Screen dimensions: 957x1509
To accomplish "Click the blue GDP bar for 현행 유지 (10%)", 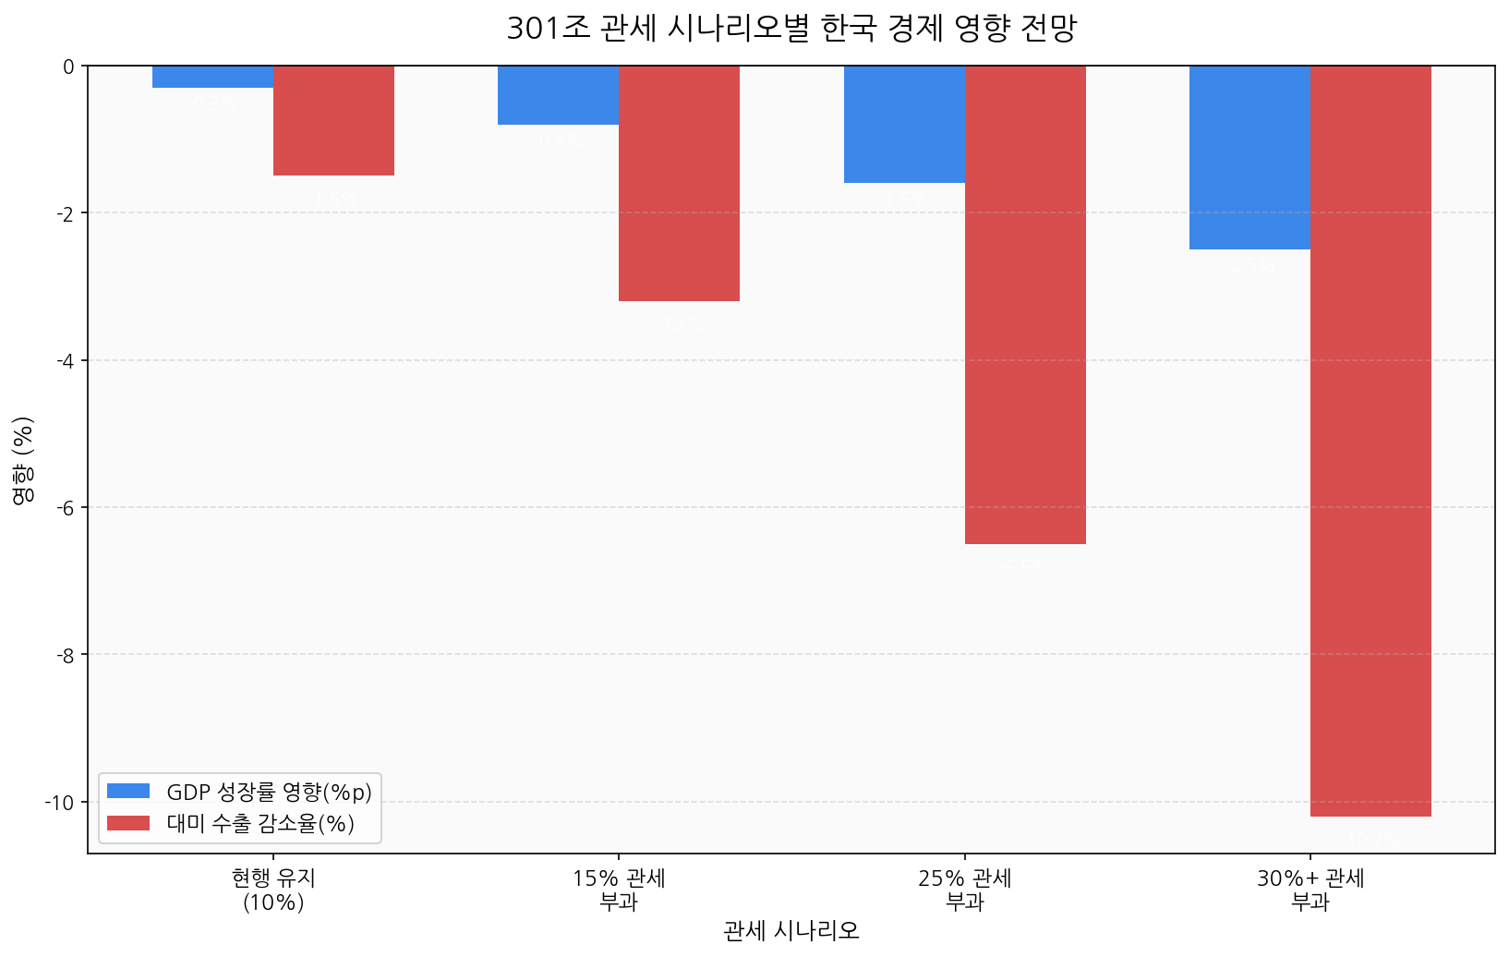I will pyautogui.click(x=212, y=77).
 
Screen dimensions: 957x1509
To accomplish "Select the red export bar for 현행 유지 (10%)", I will pyautogui.click(x=333, y=120).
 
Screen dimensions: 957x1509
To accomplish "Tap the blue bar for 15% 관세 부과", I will pyautogui.click(x=558, y=95).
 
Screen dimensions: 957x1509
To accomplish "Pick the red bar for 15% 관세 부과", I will pyautogui.click(x=679, y=183).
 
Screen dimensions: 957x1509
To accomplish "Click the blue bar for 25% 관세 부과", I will pyautogui.click(x=904, y=124).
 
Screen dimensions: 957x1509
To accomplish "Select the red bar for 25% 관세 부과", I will pyautogui.click(x=1025, y=305).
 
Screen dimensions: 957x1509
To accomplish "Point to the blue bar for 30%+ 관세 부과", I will pyautogui.click(x=1249, y=157).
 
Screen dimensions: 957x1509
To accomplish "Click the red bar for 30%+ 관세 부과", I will pyautogui.click(x=1370, y=441).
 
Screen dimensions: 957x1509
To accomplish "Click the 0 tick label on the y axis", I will pyautogui.click(x=69, y=67).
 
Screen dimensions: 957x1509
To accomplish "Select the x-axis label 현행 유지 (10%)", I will pyautogui.click(x=273, y=890).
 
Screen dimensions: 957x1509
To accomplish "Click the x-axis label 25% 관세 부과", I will pyautogui.click(x=965, y=890).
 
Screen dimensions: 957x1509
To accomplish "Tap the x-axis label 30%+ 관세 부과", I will pyautogui.click(x=1310, y=890).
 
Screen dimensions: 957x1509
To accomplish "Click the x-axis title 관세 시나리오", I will pyautogui.click(x=791, y=931).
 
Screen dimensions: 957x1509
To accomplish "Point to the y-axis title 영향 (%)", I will pyautogui.click(x=23, y=459).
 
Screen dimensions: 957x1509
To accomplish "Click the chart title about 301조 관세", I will pyautogui.click(x=791, y=29).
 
